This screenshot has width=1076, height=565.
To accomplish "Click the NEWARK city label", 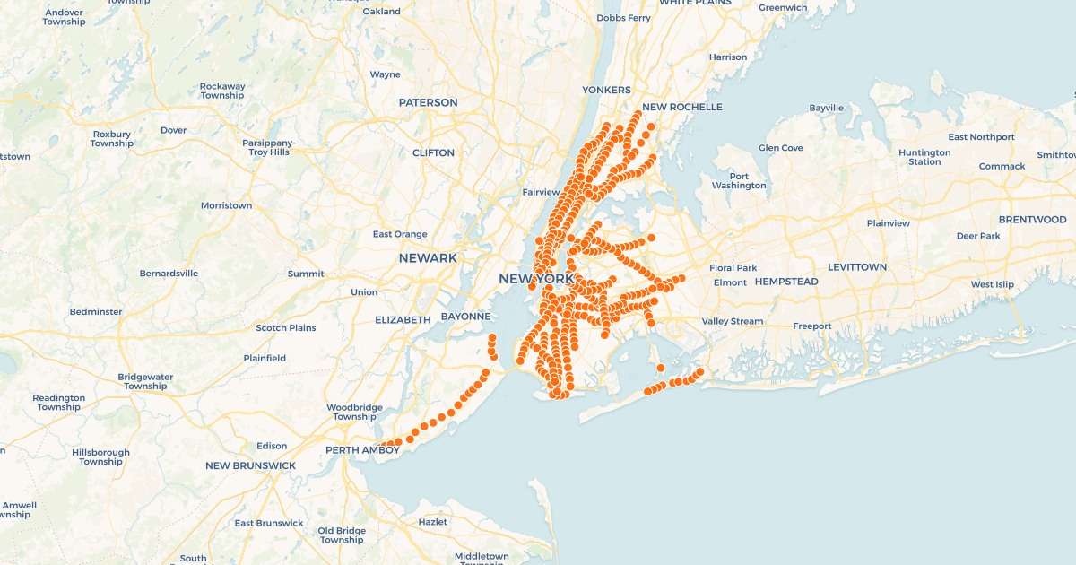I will (428, 258).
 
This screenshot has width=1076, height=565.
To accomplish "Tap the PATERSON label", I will (428, 103).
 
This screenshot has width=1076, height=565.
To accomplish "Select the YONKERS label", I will (606, 91).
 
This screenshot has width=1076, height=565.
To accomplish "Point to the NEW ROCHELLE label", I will (681, 108).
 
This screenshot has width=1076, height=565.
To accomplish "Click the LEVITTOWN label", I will (856, 268).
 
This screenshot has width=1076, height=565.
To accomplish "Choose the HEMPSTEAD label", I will (786, 282).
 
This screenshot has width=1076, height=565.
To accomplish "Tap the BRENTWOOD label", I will (1032, 220).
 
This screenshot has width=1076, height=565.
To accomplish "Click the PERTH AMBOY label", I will (362, 450).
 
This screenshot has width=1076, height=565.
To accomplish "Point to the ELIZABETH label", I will (403, 320).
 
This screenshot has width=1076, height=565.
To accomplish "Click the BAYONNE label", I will (465, 317).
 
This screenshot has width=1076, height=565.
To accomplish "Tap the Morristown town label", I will (226, 206).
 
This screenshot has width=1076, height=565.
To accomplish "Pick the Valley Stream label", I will (732, 322).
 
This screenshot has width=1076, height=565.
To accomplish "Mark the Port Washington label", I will (739, 181).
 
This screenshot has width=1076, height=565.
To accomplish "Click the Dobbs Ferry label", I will (623, 18).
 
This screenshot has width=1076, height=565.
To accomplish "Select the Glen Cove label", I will (780, 148).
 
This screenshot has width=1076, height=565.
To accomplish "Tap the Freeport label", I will (811, 326).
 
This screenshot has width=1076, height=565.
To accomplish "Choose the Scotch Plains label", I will (286, 328).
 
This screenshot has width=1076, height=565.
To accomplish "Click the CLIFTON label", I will (433, 153).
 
